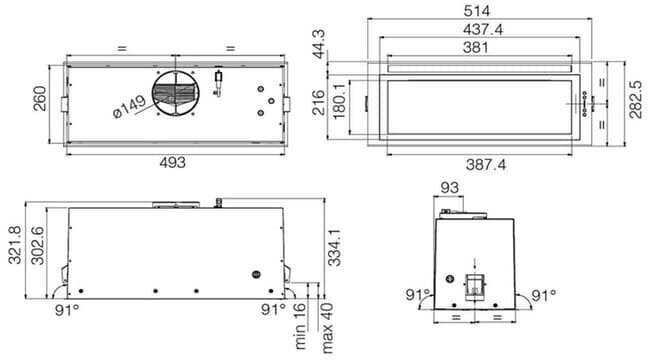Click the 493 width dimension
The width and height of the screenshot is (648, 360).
(172, 162)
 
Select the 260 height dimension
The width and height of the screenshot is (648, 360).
(40, 98)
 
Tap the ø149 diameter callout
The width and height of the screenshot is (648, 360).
(129, 107)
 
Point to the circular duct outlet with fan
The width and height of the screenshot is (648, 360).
(176, 93)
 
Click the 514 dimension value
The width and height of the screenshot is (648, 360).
(476, 11)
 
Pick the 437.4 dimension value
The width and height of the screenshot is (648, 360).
(483, 30)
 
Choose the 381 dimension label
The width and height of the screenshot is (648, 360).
(475, 48)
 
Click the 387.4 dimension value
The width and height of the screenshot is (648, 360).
(486, 165)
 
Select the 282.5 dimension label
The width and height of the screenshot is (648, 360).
(636, 100)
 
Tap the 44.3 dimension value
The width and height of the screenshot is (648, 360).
(319, 44)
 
